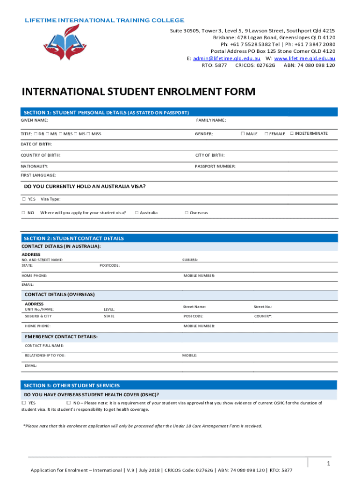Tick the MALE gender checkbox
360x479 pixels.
pos(243,134)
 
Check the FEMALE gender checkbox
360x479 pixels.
pos(266,134)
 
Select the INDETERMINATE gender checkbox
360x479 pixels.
pos(292,134)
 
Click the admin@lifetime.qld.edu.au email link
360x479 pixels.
pos(226,58)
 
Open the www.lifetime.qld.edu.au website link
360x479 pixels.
pos(305,58)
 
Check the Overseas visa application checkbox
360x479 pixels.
pos(186,213)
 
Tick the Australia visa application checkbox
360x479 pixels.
pos(137,213)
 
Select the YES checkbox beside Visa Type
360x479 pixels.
pos(24,199)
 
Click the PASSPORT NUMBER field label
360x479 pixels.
pos(215,167)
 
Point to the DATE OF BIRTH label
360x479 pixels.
pos(36,144)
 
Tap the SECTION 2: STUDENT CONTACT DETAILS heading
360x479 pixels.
pos(74,239)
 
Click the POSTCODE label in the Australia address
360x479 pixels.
pos(109,266)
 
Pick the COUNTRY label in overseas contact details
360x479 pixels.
pos(263,316)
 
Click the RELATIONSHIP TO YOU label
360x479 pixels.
pos(45,356)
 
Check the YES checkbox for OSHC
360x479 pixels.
pos(24,403)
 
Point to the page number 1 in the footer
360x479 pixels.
pos(329,464)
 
